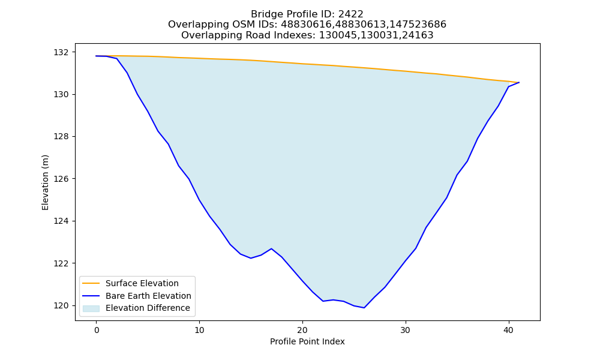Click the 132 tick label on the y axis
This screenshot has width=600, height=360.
pyautogui.click(x=61, y=52)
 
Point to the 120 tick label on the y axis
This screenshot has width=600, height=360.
pyautogui.click(x=61, y=305)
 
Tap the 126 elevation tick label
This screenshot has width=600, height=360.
pyautogui.click(x=61, y=179)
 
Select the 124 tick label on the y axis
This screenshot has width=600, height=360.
pyautogui.click(x=61, y=221)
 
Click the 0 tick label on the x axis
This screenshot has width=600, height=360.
pyautogui.click(x=97, y=330)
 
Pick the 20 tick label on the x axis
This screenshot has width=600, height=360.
pyautogui.click(x=302, y=330)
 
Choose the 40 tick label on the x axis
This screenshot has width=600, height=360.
pyautogui.click(x=509, y=330)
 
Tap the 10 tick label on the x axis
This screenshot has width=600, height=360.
pyautogui.click(x=199, y=330)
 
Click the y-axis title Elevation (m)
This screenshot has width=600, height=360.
pyautogui.click(x=45, y=182)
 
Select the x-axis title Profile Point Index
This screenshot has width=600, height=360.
pyautogui.click(x=307, y=341)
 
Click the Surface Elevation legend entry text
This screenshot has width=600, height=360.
pyautogui.click(x=142, y=283)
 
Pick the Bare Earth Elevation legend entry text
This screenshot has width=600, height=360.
pyautogui.click(x=148, y=296)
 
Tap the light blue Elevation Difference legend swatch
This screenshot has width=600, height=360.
pyautogui.click(x=91, y=308)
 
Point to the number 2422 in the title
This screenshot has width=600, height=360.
pyautogui.click(x=350, y=14)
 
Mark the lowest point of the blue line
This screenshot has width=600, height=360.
pyautogui.click(x=364, y=308)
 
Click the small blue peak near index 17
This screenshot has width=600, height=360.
pyautogui.click(x=271, y=248)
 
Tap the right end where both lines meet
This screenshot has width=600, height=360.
pyautogui.click(x=519, y=82)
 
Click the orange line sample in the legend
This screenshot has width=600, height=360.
pyautogui.click(x=91, y=283)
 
